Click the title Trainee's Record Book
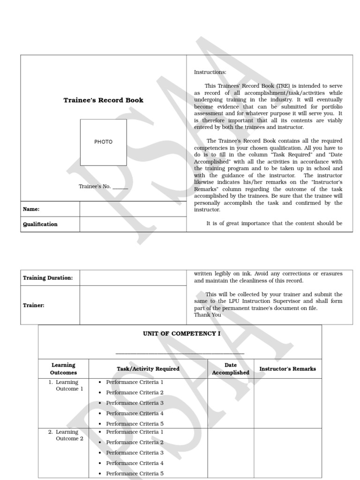pos(103,100)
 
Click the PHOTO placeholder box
pos(103,142)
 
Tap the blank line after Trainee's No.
pos(120,187)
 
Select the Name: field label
pos(31,210)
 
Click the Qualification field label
pos(40,224)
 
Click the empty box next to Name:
pos(133,209)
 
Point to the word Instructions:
pos(210,72)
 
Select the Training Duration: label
pos(48,278)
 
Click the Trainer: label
pos(34,305)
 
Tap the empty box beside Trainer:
pos(133,305)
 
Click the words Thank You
pos(207,315)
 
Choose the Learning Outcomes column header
pos(63,369)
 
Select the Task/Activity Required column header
pos(148,369)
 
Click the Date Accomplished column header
pos(230,369)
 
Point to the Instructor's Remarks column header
pos(287,369)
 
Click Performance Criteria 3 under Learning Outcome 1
pos(135,403)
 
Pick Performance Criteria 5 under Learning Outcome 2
pos(135,473)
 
